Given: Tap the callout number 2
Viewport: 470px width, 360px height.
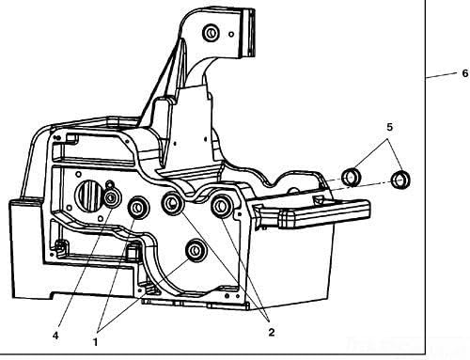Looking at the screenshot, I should (270, 331).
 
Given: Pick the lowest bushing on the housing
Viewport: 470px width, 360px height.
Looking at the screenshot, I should (196, 250).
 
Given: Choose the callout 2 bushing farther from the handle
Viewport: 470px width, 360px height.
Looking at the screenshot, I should (173, 203).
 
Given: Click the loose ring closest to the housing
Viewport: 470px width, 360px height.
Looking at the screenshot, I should (352, 176).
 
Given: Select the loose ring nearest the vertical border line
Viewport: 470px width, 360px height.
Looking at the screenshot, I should (401, 178).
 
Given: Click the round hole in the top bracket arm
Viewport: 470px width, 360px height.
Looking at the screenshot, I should (211, 35).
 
